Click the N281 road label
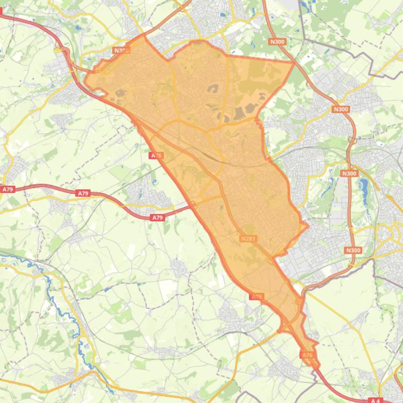pyautogui.click(x=248, y=239)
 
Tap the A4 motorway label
pyautogui.click(x=375, y=400)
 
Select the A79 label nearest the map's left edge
pyautogui.click(x=7, y=189)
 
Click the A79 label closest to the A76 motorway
pyautogui.click(x=157, y=217)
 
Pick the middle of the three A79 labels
pyautogui.click(x=83, y=194)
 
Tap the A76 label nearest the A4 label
pyautogui.click(x=307, y=355)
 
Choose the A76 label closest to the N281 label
pyautogui.click(x=256, y=297)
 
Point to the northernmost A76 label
pyautogui.click(x=156, y=155)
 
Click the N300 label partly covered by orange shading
pyautogui.click(x=121, y=51)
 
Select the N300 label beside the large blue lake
pyautogui.click(x=348, y=173)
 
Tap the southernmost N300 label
pyautogui.click(x=354, y=250)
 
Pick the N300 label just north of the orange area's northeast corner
pyautogui.click(x=277, y=41)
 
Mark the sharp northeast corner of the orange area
pyautogui.click(x=294, y=62)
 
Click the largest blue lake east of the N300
pyautogui.click(x=364, y=185)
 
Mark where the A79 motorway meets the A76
pyautogui.click(x=193, y=206)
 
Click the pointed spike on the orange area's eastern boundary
pyautogui.click(x=308, y=227)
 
